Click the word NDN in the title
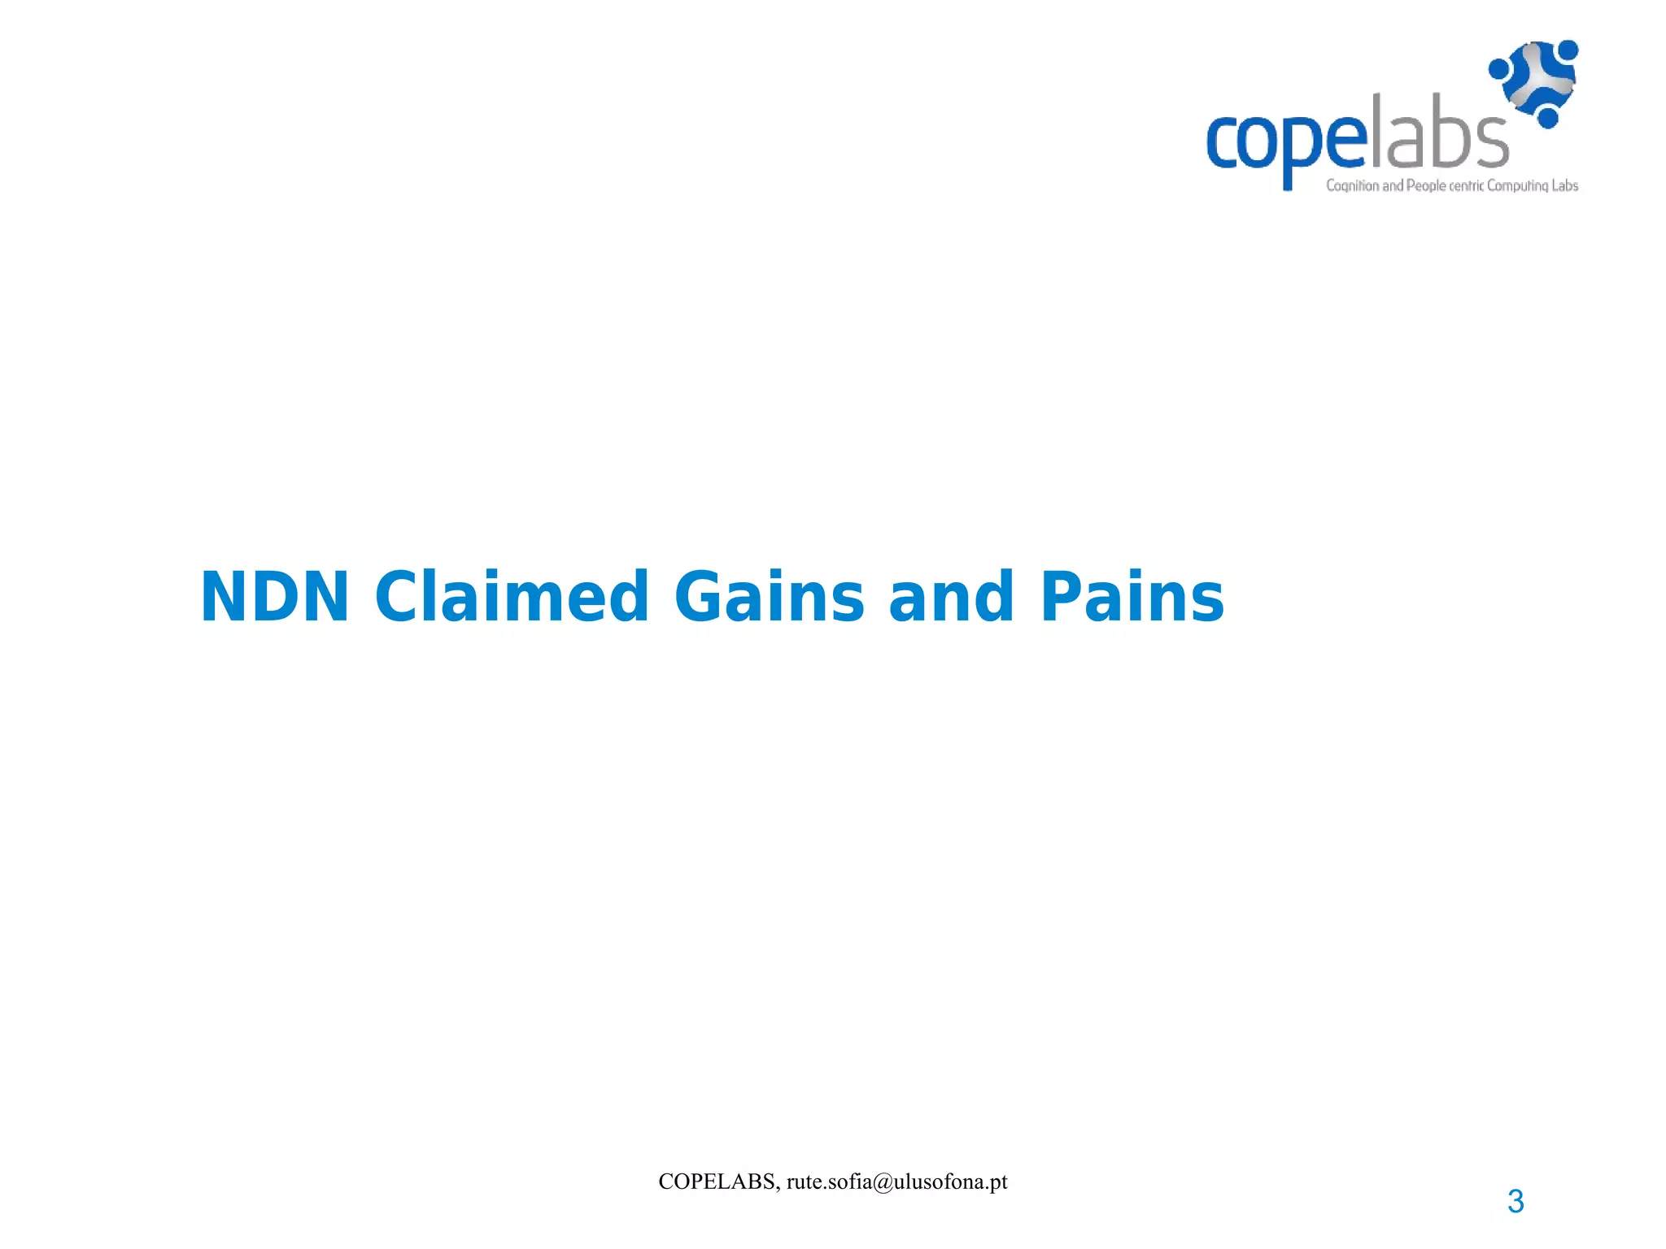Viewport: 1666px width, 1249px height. coord(274,598)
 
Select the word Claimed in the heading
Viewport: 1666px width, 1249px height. coord(512,598)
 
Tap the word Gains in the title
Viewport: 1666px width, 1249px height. coord(769,598)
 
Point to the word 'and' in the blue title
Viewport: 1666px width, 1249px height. coord(952,598)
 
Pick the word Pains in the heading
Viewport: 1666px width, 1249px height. coord(1132,598)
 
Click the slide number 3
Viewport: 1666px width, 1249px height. coord(1516,1202)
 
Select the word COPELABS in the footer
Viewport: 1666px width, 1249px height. coord(717,1182)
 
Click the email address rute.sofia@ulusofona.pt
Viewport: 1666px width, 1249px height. coord(896,1182)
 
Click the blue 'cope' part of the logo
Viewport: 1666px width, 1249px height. coord(1285,142)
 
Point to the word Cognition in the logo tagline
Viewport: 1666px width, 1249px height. coord(1352,186)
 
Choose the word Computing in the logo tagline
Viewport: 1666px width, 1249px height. coord(1517,185)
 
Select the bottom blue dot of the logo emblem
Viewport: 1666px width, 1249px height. coord(1547,118)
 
